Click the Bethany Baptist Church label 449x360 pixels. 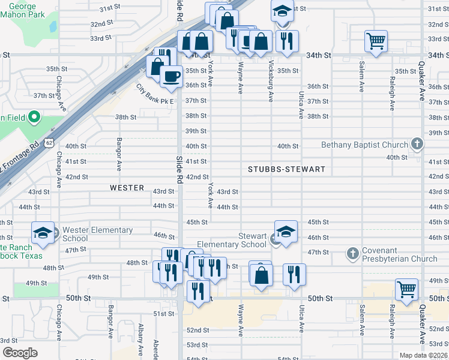pos(364,145)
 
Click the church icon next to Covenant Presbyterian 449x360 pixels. pos(353,254)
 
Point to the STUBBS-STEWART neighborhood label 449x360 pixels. pos(286,169)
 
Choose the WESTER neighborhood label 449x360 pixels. pos(127,188)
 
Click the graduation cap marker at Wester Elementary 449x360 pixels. pos(43,233)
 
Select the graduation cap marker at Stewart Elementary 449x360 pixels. pos(286,232)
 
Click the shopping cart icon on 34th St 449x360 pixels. pos(376,41)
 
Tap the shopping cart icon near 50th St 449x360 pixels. pos(406,289)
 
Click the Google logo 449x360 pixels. pos(20,353)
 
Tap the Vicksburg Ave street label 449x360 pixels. pos(271,80)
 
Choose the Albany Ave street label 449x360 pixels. pos(140,342)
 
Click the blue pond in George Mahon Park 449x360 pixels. pos(53,27)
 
